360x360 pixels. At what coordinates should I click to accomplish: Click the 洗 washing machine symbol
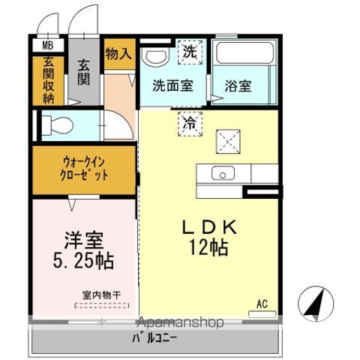(x=189, y=52)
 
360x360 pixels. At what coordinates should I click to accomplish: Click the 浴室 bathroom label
(x=238, y=85)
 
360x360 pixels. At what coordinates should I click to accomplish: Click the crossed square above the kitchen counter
(x=227, y=139)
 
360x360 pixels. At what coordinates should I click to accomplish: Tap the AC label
(x=262, y=304)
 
